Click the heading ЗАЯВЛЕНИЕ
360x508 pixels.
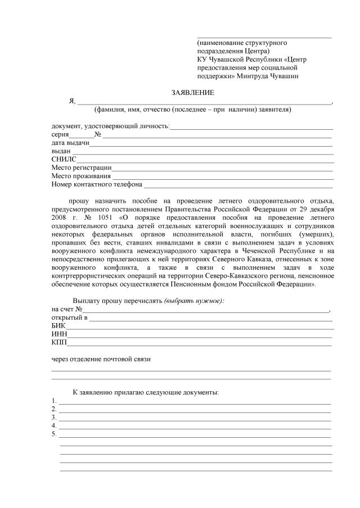pyautogui.click(x=192, y=92)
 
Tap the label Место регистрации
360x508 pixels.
pyautogui.click(x=81, y=167)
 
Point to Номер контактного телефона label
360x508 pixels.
pyautogui.click(x=97, y=184)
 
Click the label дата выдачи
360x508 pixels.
pyautogui.click(x=70, y=143)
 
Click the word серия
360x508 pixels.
pyautogui.click(x=60, y=135)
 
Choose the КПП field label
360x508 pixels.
pyautogui.click(x=59, y=342)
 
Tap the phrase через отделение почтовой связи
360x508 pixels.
pyautogui.click(x=101, y=359)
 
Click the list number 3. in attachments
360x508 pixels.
pyautogui.click(x=53, y=418)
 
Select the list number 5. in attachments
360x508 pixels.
pyautogui.click(x=53, y=434)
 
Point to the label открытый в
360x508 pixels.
pyautogui.click(x=69, y=317)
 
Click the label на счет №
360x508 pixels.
pyautogui.click(x=67, y=309)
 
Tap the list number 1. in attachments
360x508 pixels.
pyautogui.click(x=53, y=401)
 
